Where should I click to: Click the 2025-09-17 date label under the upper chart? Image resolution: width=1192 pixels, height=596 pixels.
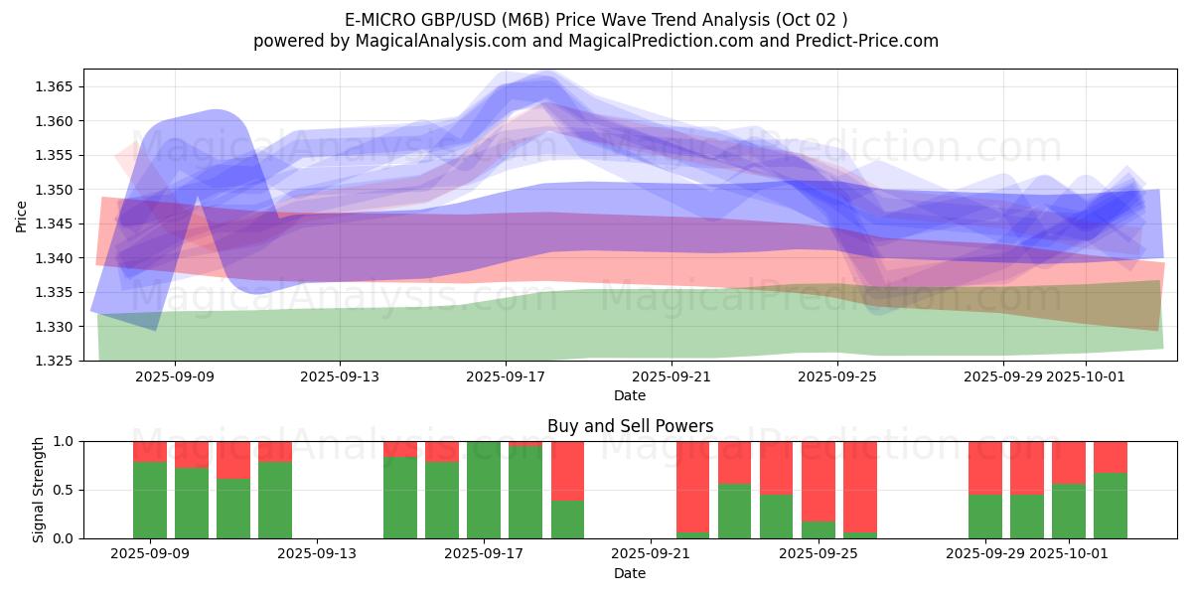[506, 376]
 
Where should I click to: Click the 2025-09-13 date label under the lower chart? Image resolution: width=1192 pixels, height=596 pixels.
[317, 554]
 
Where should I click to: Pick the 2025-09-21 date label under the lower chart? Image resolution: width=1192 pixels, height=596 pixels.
[650, 554]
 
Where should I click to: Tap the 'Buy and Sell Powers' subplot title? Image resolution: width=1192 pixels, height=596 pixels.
[630, 426]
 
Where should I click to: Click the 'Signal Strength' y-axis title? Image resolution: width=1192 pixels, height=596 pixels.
[39, 490]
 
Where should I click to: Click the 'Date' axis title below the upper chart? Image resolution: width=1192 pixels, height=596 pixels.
[630, 395]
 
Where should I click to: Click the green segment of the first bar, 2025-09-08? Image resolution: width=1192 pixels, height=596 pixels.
[150, 500]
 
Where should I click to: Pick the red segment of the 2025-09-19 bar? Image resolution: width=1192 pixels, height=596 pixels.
[568, 470]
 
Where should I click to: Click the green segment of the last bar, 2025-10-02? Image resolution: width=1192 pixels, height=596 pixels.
[1111, 506]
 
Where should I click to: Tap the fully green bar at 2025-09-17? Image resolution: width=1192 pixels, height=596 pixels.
[484, 490]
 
